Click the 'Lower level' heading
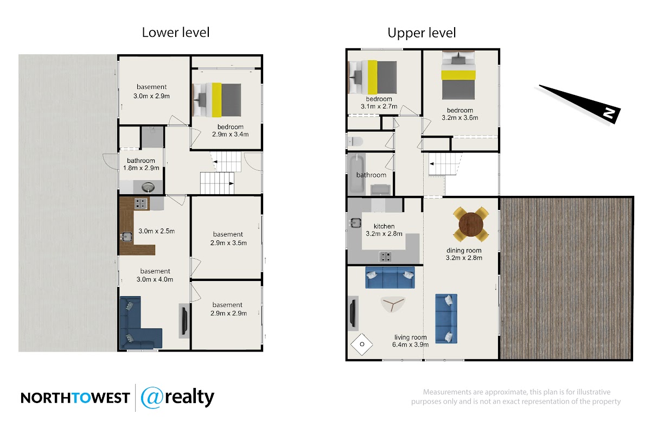coord(176,32)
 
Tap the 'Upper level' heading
coord(422,33)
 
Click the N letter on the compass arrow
coord(609,112)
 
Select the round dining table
coord(471,224)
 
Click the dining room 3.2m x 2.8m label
coord(464,254)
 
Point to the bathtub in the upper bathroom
coord(356,175)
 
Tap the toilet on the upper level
coord(355,142)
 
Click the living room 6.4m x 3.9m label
coord(410,341)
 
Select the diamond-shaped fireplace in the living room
coord(361,344)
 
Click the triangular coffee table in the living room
coord(393,304)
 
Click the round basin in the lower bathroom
coord(148,187)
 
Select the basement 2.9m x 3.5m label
coord(228,238)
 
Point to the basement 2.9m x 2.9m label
coord(228,309)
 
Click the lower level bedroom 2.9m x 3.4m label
coord(230,131)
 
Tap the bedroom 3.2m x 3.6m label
coord(460,114)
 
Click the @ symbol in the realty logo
coord(152,398)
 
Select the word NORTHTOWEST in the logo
coord(75,398)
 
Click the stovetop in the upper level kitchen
coord(385,257)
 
